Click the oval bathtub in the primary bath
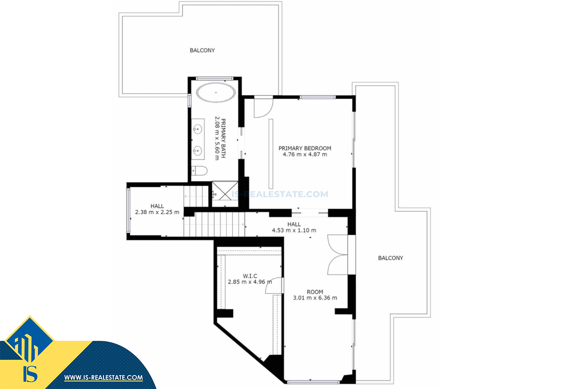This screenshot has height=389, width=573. [x=216, y=93]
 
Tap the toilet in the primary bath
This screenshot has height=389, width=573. [x=199, y=171]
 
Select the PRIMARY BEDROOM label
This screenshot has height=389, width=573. [x=305, y=148]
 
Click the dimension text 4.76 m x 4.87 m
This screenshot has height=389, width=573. [x=305, y=154]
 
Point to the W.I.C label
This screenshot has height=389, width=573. [x=250, y=276]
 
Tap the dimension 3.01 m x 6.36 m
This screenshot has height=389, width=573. [x=315, y=298]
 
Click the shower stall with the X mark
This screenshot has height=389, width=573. [x=225, y=194]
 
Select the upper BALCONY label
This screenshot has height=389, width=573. [x=202, y=50]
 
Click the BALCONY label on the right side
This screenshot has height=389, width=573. [x=390, y=258]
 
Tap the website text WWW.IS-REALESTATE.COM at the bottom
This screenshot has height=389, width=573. [x=103, y=378]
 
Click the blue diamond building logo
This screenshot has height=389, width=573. [x=29, y=340]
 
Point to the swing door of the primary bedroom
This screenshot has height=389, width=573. [x=263, y=108]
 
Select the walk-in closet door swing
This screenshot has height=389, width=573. [x=274, y=285]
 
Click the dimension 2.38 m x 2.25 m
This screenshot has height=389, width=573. [x=157, y=212]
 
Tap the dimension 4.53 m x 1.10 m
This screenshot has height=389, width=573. [x=294, y=230]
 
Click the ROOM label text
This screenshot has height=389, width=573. [x=315, y=292]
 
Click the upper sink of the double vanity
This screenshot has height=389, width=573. [x=198, y=129]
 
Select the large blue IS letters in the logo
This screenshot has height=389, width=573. [x=30, y=374]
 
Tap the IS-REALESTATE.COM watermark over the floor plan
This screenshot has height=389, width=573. [x=280, y=194]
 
